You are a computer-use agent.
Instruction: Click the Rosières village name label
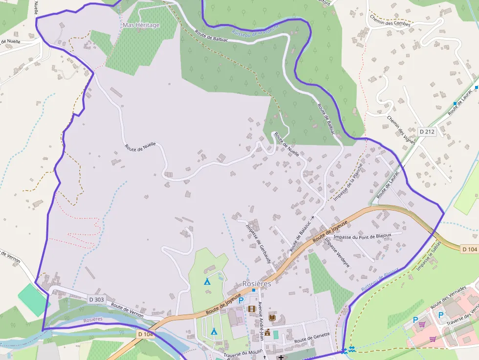coord(257,284)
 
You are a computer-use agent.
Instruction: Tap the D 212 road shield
coord(427,131)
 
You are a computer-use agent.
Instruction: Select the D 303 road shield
coord(97,299)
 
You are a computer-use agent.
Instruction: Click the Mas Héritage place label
coord(141,25)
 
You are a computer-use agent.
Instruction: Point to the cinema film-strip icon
coord(252,309)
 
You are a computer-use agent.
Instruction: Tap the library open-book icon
coord(272,318)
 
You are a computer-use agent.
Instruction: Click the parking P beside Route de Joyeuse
coord(241,300)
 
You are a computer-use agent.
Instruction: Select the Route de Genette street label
coord(312,337)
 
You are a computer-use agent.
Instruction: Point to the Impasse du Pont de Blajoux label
coord(362,236)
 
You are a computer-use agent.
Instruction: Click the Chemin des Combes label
coord(389,20)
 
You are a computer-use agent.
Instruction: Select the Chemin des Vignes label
coord(401,130)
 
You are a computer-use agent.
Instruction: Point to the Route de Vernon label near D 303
coord(127,310)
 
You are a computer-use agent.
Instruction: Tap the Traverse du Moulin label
coord(243,355)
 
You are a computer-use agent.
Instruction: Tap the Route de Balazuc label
coord(301,235)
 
